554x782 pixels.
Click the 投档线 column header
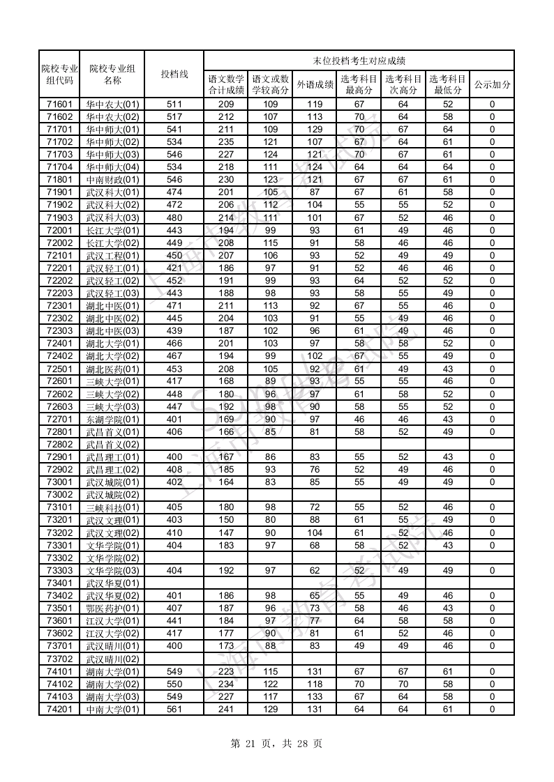(174, 74)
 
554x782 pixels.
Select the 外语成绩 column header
(315, 84)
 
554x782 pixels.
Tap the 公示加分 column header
(492, 84)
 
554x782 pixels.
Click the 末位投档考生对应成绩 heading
(359, 61)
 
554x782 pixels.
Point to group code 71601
(59, 105)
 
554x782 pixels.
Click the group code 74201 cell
(59, 710)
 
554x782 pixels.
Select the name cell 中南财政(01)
(112, 180)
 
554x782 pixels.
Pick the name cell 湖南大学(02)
(112, 684)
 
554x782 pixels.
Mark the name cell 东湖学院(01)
(112, 420)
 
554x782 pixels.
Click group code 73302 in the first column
(59, 558)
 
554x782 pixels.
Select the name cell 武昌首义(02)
(112, 445)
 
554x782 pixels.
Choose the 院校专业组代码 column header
(59, 74)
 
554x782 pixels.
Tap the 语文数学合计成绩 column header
(226, 84)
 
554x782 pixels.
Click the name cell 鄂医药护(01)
(112, 608)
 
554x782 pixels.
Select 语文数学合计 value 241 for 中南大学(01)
(226, 710)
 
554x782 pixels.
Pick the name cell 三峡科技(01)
(112, 507)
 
